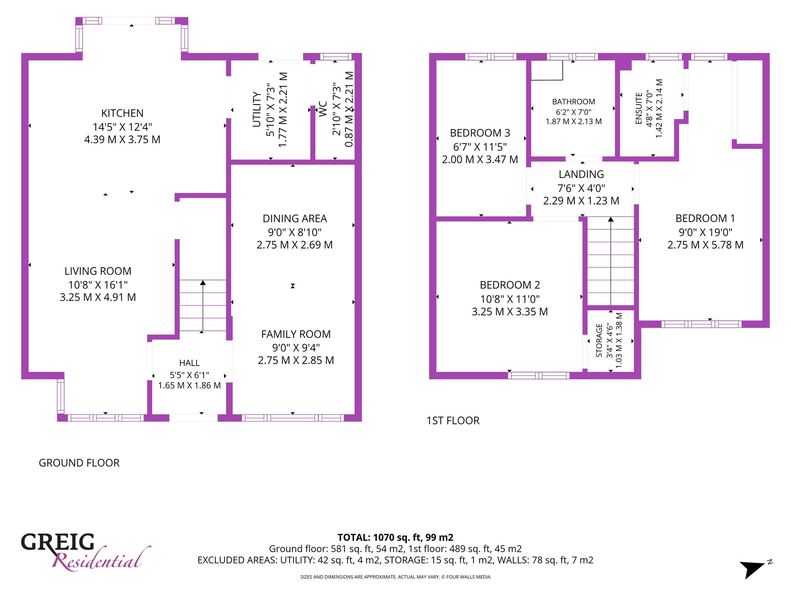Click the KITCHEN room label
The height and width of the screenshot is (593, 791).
[x=122, y=113]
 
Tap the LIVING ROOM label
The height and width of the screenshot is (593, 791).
[x=98, y=271]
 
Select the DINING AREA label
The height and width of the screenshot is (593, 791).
[x=295, y=219]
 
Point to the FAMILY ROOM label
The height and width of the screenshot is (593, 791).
[x=296, y=334]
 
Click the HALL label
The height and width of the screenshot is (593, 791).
[x=189, y=363]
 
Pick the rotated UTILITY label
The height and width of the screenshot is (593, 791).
[x=256, y=109]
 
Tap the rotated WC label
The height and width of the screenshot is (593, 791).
[x=323, y=109]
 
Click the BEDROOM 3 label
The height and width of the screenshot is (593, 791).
[x=480, y=133]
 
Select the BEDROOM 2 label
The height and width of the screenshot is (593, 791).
[x=510, y=285]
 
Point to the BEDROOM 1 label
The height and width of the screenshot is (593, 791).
[x=705, y=218]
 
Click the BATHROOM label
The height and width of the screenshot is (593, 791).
[x=574, y=102]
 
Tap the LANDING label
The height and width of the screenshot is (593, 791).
[x=581, y=174]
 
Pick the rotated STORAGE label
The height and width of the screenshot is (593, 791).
[x=599, y=341]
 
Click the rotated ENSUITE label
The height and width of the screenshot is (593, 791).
[x=639, y=108]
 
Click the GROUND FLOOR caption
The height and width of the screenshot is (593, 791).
[x=79, y=463]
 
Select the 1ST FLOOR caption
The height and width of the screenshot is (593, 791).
[x=453, y=420]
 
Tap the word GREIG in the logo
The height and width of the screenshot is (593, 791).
[x=58, y=542]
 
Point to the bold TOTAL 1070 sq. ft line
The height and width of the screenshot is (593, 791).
[x=395, y=537]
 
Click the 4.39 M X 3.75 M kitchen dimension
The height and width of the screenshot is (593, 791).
[x=122, y=139]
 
